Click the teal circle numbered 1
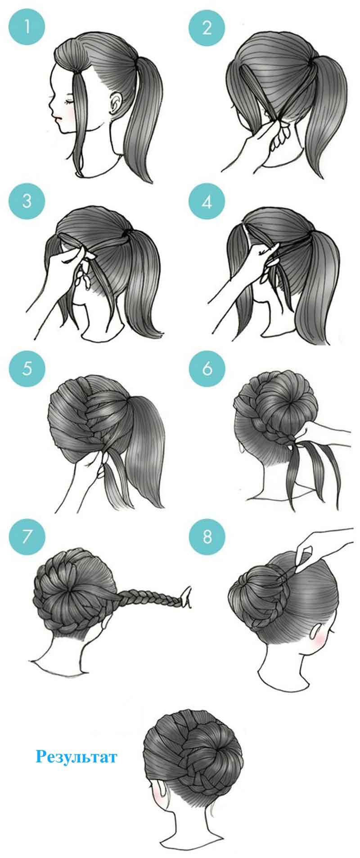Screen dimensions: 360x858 pos(27,27)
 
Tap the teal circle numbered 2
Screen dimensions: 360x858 pos(207,27)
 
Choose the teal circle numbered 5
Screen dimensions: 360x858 pos(27,368)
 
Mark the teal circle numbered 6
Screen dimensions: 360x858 pos(207,368)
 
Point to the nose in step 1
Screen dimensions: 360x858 pos(50,108)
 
